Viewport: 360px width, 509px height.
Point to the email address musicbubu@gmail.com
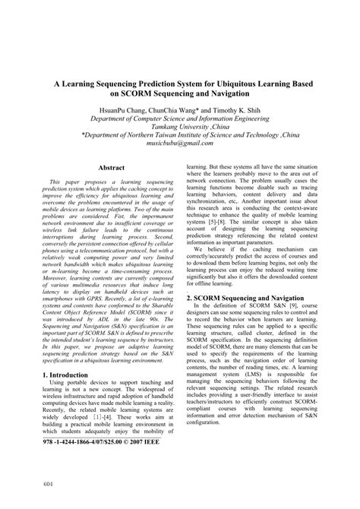(179, 142)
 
